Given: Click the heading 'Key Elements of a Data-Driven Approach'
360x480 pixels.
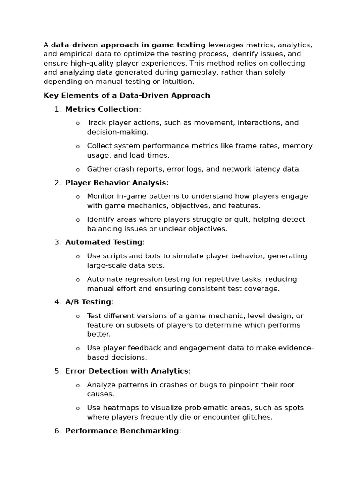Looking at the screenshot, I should coord(127,96).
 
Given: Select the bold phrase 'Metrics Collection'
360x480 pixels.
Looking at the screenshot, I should coord(102,109).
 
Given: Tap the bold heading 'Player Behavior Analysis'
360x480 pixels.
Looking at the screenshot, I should coord(115,183).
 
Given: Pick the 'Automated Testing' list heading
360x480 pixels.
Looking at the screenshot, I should coord(104,242).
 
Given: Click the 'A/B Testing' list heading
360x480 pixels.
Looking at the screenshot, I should coord(88,302).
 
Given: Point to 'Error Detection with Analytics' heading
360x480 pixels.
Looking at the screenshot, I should coord(127,371).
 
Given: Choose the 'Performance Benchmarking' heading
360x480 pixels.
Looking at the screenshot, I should coord(122,431).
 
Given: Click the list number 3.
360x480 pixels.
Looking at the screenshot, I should coord(58,242).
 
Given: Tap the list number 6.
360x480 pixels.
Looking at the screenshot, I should coord(58,431).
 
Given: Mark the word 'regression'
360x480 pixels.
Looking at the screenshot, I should coord(138,279).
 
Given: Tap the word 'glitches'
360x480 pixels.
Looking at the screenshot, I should coord(257,417).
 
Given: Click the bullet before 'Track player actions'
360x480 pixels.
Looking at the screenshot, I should coord(78,123).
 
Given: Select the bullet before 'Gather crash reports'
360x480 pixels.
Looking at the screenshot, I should coord(78,170).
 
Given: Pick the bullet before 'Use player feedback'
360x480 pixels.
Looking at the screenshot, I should coord(78,348).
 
